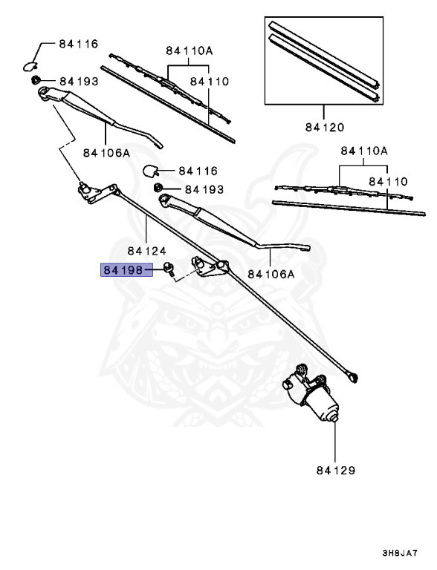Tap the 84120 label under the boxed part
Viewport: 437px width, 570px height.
click(x=324, y=128)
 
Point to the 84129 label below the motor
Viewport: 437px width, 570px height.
click(x=335, y=471)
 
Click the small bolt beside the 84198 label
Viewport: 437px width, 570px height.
click(x=169, y=269)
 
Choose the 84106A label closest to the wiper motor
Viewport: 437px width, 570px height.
click(x=271, y=273)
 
